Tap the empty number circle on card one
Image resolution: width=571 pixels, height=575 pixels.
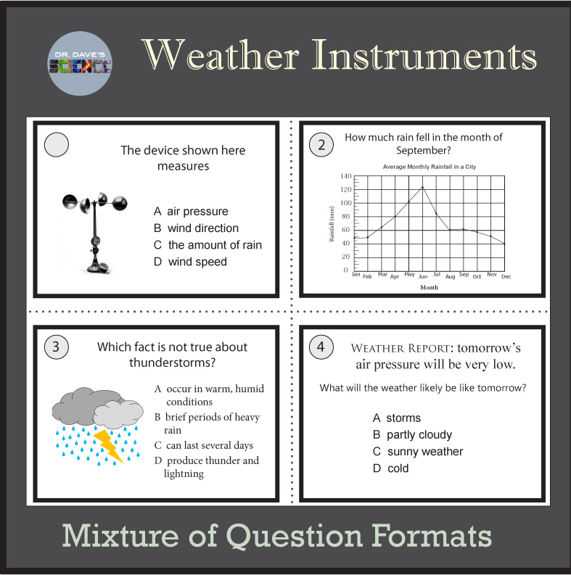57,145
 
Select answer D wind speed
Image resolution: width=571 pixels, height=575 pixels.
190,262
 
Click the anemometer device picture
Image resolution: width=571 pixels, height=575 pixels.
94,231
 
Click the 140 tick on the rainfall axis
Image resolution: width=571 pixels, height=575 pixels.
345,176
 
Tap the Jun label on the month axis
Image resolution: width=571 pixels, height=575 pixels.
423,277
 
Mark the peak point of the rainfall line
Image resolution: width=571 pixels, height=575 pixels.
422,187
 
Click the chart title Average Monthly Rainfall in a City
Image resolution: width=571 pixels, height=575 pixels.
434,167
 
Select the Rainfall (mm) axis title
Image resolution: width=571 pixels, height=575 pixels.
332,223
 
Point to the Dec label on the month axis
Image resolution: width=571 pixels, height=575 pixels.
506,277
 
